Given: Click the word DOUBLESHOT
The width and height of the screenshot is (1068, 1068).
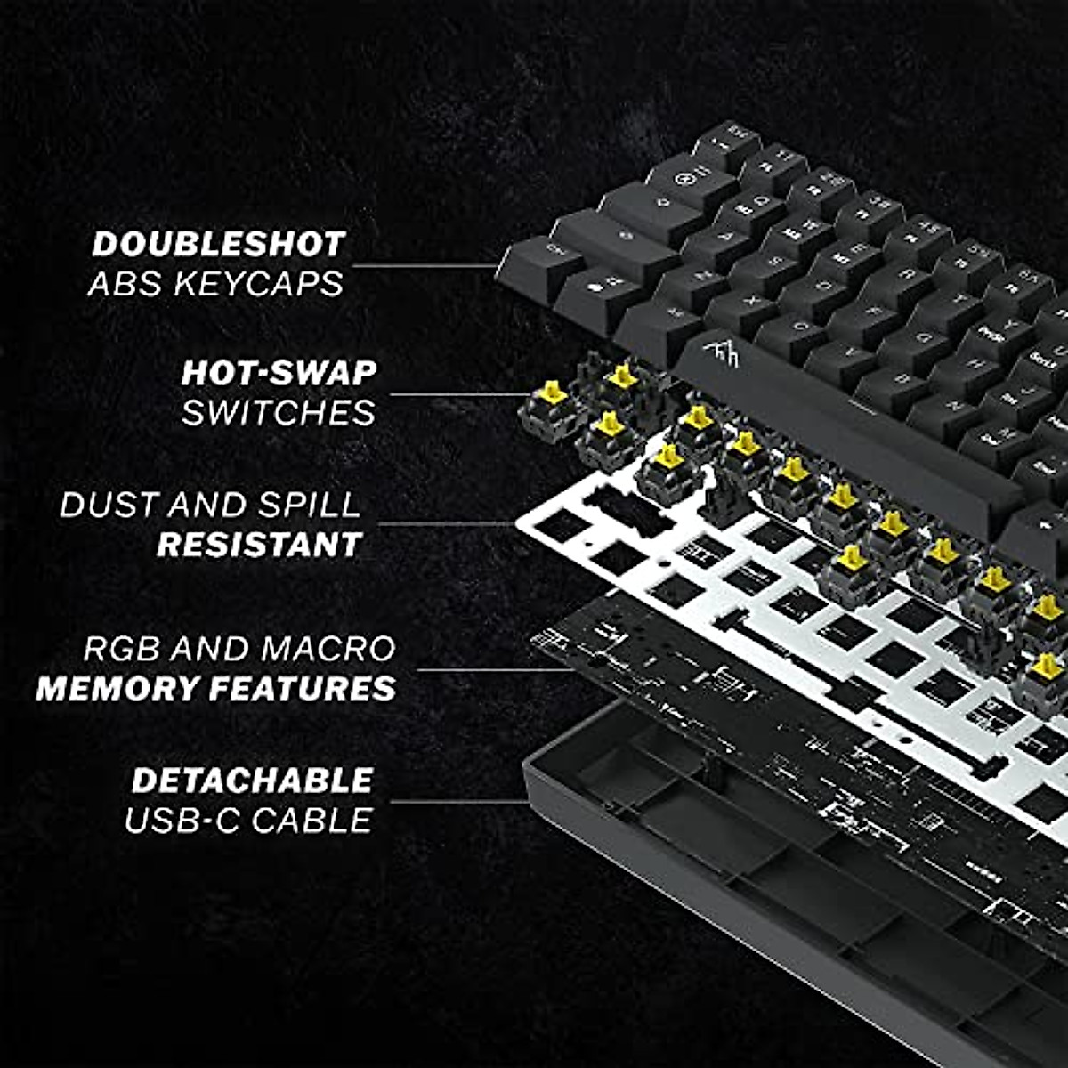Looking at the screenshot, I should [218, 244].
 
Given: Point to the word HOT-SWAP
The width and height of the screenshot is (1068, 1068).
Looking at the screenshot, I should [279, 373].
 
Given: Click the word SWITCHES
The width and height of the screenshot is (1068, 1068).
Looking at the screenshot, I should [279, 413].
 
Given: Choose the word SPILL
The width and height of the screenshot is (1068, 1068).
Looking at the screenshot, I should [309, 505].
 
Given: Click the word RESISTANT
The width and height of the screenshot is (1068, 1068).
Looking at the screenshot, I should [259, 545].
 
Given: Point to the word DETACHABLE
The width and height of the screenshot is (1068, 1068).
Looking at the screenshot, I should [252, 781].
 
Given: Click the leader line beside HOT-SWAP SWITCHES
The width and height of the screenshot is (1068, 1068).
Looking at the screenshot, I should [458, 394].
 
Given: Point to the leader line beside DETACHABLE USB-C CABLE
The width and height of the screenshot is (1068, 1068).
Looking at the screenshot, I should [458, 801].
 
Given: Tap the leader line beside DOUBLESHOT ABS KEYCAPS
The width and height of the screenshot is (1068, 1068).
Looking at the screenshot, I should [423, 264].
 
